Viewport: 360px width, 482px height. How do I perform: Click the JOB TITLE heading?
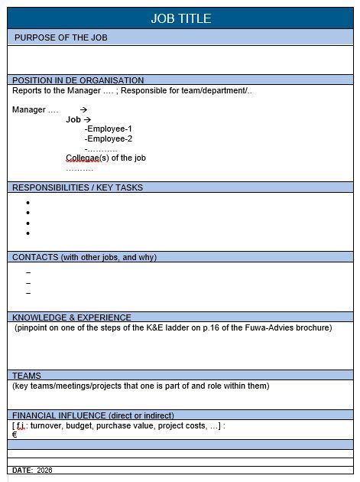180,18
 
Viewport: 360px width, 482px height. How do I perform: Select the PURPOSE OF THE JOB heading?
61,37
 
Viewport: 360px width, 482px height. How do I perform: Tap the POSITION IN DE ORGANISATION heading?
78,80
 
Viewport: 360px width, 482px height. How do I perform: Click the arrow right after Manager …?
83,110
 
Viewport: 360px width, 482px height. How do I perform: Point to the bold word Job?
73,120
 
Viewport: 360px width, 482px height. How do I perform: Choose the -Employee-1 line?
109,129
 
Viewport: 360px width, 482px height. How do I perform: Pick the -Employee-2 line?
109,139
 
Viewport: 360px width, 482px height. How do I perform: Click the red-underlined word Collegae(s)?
83,158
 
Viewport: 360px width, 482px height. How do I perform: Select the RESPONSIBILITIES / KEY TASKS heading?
77,187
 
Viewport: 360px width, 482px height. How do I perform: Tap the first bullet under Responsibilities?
28,203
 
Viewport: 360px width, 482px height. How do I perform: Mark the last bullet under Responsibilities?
28,233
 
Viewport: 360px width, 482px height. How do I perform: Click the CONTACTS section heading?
84,258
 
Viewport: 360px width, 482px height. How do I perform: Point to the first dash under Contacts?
28,272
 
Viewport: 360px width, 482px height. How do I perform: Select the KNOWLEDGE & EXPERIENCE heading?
72,318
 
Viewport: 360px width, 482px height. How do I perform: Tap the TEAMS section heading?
27,376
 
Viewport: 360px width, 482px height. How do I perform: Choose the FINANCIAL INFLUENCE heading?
93,415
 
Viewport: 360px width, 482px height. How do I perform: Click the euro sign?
15,435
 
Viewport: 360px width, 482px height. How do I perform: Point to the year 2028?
45,471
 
